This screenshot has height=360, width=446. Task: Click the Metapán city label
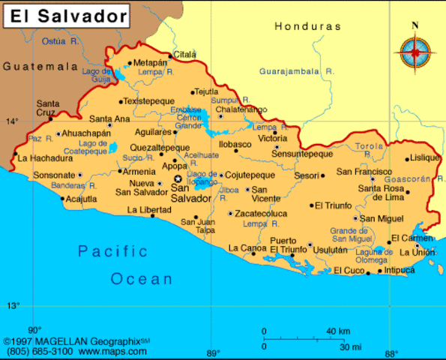click(x=151, y=63)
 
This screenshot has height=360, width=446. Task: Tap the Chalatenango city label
click(x=241, y=109)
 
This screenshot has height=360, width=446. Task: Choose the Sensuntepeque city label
click(x=302, y=154)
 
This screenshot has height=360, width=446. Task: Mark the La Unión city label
click(x=418, y=252)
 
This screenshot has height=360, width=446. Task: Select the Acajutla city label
click(x=82, y=199)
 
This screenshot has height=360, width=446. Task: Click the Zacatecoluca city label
click(x=262, y=213)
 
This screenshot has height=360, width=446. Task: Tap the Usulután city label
click(x=330, y=249)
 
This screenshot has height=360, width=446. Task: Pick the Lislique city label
click(x=424, y=157)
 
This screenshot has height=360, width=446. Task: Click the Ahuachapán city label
click(x=85, y=133)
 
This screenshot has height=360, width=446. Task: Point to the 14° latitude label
click(x=13, y=121)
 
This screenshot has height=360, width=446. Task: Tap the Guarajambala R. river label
click(x=296, y=71)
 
